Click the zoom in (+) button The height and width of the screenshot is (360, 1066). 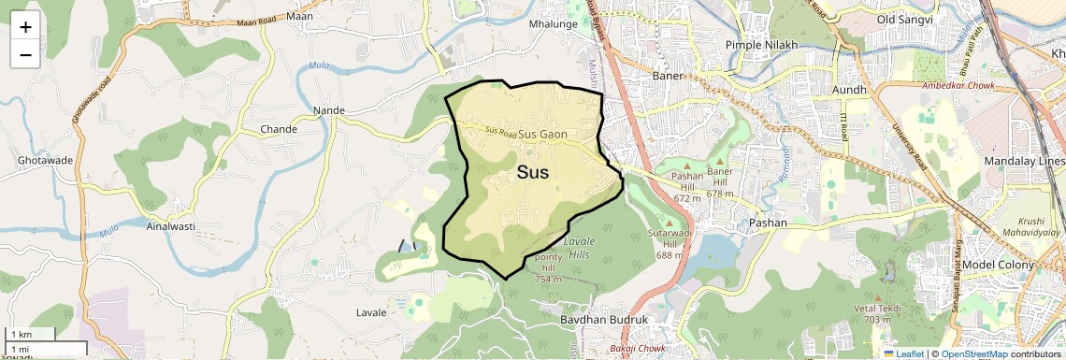25,27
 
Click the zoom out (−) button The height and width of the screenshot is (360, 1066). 25,54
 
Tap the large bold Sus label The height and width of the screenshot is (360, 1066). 533,172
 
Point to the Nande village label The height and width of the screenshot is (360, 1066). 329,110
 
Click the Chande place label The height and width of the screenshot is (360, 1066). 279,129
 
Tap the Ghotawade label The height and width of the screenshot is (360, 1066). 45,161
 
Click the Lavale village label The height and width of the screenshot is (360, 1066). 371,312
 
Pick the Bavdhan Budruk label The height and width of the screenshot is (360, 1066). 604,320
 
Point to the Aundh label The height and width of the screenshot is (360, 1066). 850,89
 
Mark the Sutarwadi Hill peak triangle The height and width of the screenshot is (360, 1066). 669,222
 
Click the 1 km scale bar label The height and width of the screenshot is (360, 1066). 22,335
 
